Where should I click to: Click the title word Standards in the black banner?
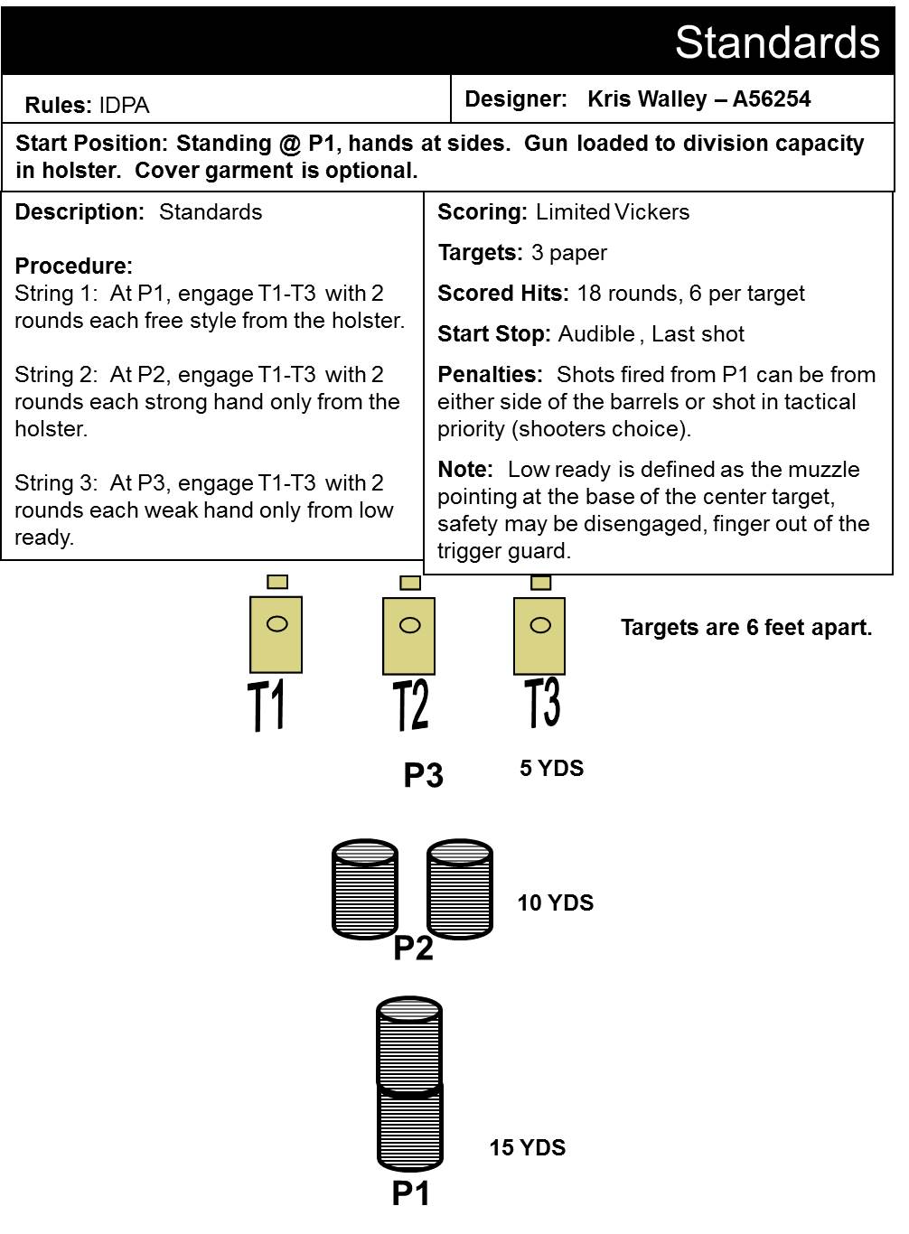click(x=777, y=42)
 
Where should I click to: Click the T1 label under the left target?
click(x=266, y=706)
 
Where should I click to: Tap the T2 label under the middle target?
click(x=410, y=706)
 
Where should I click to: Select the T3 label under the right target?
click(x=542, y=703)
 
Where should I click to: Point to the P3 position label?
click(x=423, y=774)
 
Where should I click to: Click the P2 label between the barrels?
click(x=413, y=948)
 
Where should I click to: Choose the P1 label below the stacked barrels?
click(x=410, y=1193)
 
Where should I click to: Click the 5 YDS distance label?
click(x=551, y=768)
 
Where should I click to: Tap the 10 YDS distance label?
click(x=556, y=902)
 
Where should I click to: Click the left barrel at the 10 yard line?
click(x=365, y=890)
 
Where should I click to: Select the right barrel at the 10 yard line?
click(x=460, y=890)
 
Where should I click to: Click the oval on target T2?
click(x=410, y=625)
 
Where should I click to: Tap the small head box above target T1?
click(x=277, y=582)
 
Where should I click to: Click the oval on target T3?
click(x=540, y=625)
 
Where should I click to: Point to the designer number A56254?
click(x=772, y=99)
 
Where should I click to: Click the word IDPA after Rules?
click(x=124, y=105)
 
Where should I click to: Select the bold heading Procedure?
click(x=74, y=266)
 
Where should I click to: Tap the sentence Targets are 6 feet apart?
click(x=746, y=628)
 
